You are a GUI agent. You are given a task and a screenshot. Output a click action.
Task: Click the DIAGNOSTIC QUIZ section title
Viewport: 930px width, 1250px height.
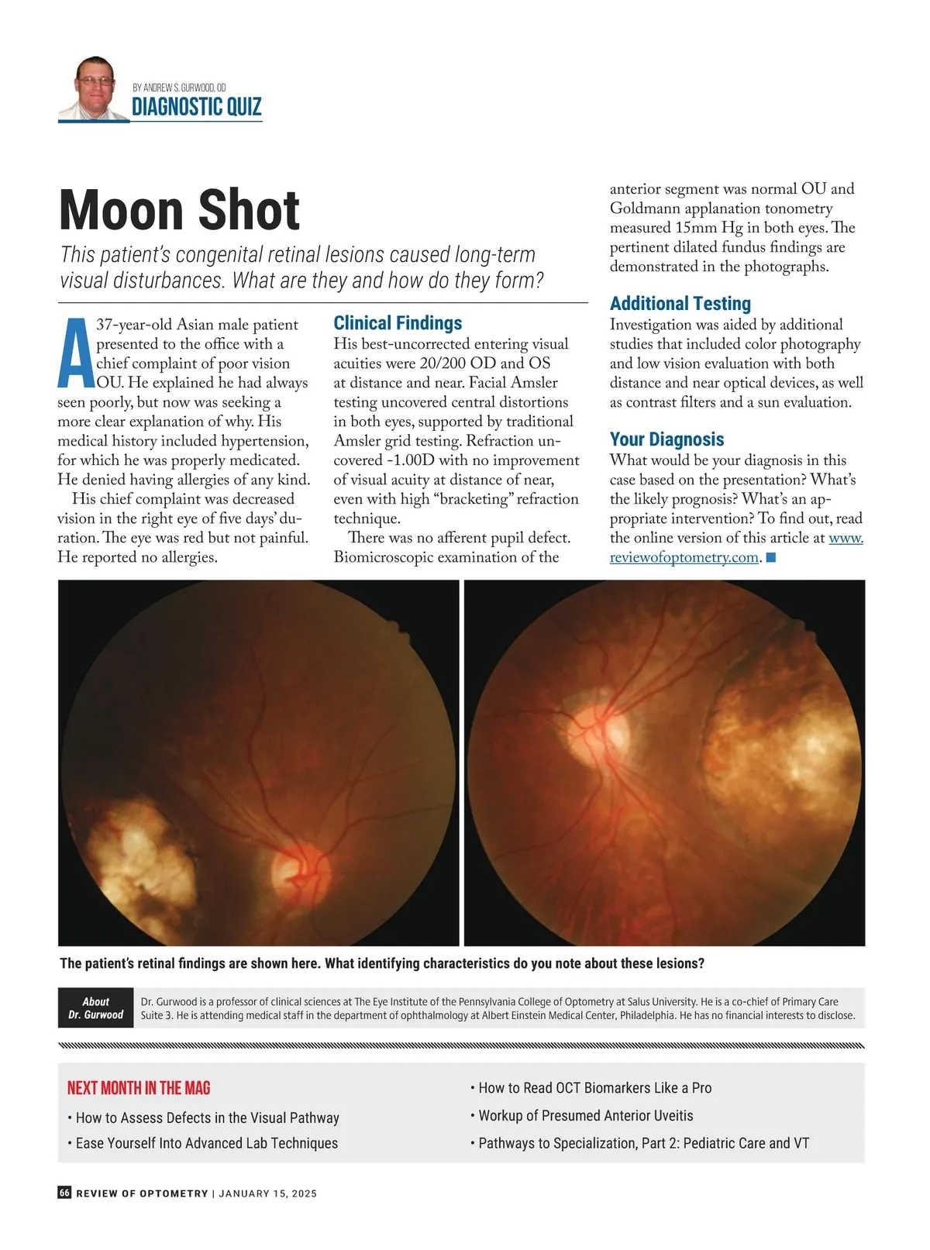coord(197,107)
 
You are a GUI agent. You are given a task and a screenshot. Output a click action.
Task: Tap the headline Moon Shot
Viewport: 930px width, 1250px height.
coord(179,210)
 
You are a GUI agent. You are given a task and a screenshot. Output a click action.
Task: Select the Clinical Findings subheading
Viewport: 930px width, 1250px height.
coord(398,323)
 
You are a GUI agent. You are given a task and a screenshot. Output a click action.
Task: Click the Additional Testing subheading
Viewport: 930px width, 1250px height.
coord(680,304)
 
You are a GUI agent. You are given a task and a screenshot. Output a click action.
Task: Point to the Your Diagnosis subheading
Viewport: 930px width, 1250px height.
coord(666,439)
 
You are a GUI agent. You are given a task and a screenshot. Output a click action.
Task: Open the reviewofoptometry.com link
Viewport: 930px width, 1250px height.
coord(683,557)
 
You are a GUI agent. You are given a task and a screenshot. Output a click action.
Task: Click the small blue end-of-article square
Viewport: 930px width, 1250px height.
coord(770,557)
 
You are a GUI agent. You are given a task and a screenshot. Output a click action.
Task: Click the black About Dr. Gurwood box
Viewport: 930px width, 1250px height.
coord(95,1007)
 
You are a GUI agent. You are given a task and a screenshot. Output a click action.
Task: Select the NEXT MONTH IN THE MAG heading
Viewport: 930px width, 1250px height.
coord(139,1088)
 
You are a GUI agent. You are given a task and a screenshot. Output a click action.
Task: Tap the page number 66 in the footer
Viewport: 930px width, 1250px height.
coord(64,1193)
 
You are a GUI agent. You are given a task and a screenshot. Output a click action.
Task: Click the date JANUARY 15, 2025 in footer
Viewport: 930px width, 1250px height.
coord(267,1193)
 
